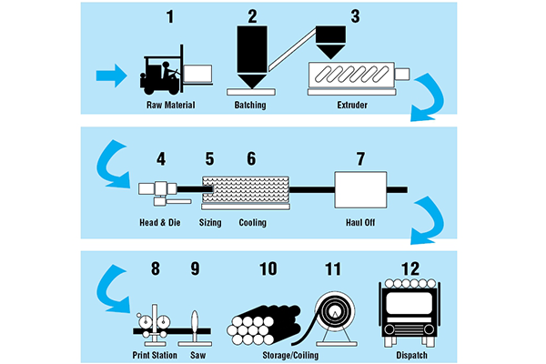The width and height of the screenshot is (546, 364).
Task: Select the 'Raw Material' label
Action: pos(172,105)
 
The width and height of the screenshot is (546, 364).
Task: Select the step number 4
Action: pos(161,158)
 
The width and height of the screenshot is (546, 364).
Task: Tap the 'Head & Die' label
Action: pos(157,222)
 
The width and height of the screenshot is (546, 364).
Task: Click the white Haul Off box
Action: pos(361,190)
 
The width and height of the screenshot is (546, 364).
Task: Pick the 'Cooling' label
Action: pos(254,222)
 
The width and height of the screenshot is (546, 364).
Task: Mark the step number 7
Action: pos(361,158)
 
